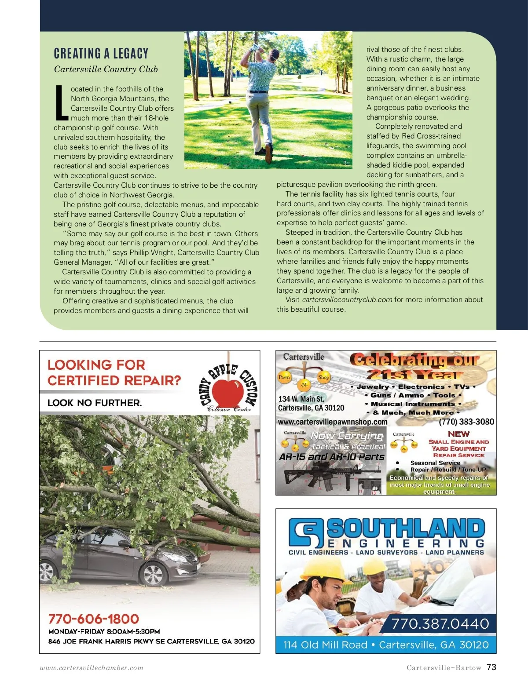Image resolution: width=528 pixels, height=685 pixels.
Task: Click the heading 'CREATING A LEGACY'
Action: tap(101, 54)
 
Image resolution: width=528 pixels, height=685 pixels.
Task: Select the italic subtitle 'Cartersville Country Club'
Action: tap(106, 69)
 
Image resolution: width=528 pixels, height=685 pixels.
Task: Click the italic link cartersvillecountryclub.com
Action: tap(347, 299)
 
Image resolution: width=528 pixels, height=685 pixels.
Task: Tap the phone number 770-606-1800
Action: tap(94, 619)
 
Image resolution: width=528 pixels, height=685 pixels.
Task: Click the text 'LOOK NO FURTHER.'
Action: tap(95, 403)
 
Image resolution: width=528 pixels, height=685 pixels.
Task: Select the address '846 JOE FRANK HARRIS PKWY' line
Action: tap(151, 641)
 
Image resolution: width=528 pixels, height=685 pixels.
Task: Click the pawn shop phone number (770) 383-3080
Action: tap(466, 422)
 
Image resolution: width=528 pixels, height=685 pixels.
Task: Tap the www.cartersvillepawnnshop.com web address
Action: tap(333, 422)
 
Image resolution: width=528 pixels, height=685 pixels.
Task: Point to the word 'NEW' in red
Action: tap(458, 434)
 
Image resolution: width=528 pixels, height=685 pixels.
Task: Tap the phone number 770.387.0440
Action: tap(440, 623)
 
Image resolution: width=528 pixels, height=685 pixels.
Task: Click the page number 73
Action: tap(491, 667)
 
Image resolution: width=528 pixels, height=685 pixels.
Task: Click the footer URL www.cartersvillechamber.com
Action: tap(92, 667)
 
